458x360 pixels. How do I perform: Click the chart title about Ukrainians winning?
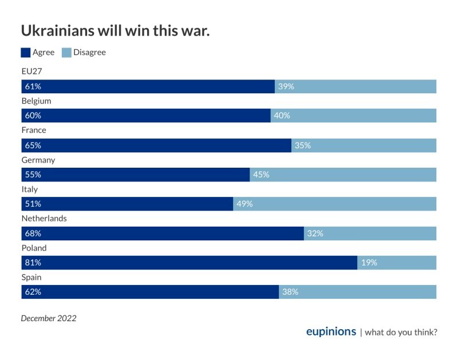point(115,31)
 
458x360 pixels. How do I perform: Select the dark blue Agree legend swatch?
point(26,53)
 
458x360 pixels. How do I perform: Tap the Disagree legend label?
point(89,53)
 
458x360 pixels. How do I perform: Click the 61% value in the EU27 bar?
point(32,86)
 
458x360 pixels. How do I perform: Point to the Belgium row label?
point(36,101)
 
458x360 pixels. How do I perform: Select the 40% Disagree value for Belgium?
point(282,116)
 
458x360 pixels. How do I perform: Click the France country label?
point(34,130)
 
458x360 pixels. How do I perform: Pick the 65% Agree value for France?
point(32,145)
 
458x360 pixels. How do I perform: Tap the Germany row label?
point(38,160)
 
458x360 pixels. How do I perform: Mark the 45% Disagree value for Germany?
point(261,175)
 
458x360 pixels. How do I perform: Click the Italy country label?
point(29,189)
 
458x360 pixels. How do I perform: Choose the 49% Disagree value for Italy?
point(244,204)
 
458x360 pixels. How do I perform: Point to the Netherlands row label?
point(44,219)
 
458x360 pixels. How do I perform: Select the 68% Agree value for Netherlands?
point(32,234)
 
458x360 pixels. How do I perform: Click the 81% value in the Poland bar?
point(32,263)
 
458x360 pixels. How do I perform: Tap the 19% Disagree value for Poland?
point(369,263)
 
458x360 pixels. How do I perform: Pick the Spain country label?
point(31,278)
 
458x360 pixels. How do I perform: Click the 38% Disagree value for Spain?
point(290,292)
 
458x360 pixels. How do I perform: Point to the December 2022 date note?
point(49,318)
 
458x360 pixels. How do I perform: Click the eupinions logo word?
point(331,332)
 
